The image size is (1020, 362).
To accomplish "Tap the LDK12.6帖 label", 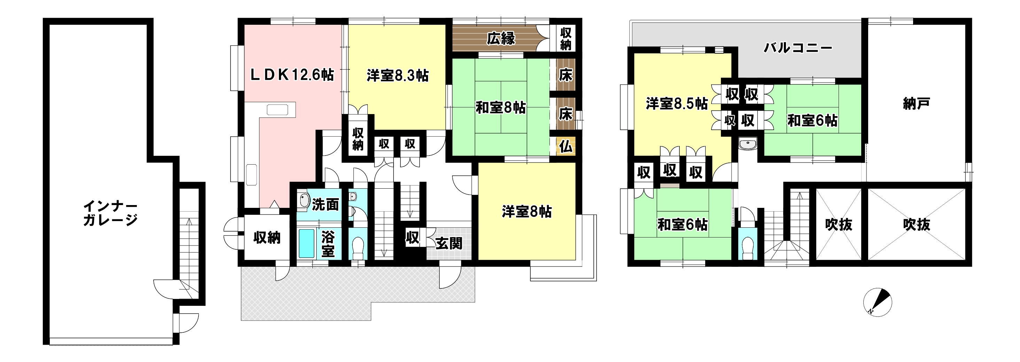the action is pos(292,75).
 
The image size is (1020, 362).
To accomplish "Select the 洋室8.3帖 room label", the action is pos(398,75).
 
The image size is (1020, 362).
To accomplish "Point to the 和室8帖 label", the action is pos(500,107).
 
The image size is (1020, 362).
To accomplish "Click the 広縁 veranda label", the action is pos(501,38).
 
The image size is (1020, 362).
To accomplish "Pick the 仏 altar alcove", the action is pos(566,147).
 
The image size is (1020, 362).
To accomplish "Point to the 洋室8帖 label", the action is pos(527,211).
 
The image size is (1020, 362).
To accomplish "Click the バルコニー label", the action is pos(798,48).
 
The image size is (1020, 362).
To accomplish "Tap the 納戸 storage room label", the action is pos(916,104).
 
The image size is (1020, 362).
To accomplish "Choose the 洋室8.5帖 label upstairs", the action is pos(677,104).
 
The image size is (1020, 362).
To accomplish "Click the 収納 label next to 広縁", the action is pos(566,39).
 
